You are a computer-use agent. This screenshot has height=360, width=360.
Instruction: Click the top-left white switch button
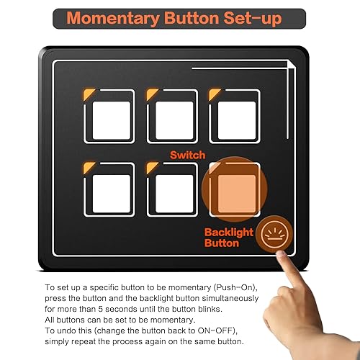point(112,120)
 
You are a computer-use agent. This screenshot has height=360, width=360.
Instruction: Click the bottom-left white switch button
point(112,193)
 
